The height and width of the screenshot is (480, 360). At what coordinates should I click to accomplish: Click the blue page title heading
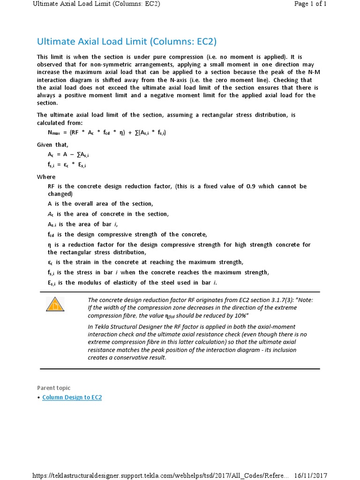tap(127, 41)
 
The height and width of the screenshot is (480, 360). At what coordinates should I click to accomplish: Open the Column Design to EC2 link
tap(72, 397)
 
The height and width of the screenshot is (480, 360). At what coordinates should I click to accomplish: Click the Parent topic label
tap(54, 388)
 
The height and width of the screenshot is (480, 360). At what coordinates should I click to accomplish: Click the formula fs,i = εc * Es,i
tap(67, 165)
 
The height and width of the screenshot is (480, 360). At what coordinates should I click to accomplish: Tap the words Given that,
tap(52, 144)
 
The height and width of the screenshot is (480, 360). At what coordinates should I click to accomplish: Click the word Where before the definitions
tap(46, 177)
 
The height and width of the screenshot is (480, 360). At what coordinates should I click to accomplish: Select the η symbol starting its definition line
tap(50, 245)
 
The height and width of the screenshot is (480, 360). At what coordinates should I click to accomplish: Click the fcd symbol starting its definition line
tap(52, 234)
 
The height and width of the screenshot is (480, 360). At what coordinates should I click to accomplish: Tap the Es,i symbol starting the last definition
tap(52, 283)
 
